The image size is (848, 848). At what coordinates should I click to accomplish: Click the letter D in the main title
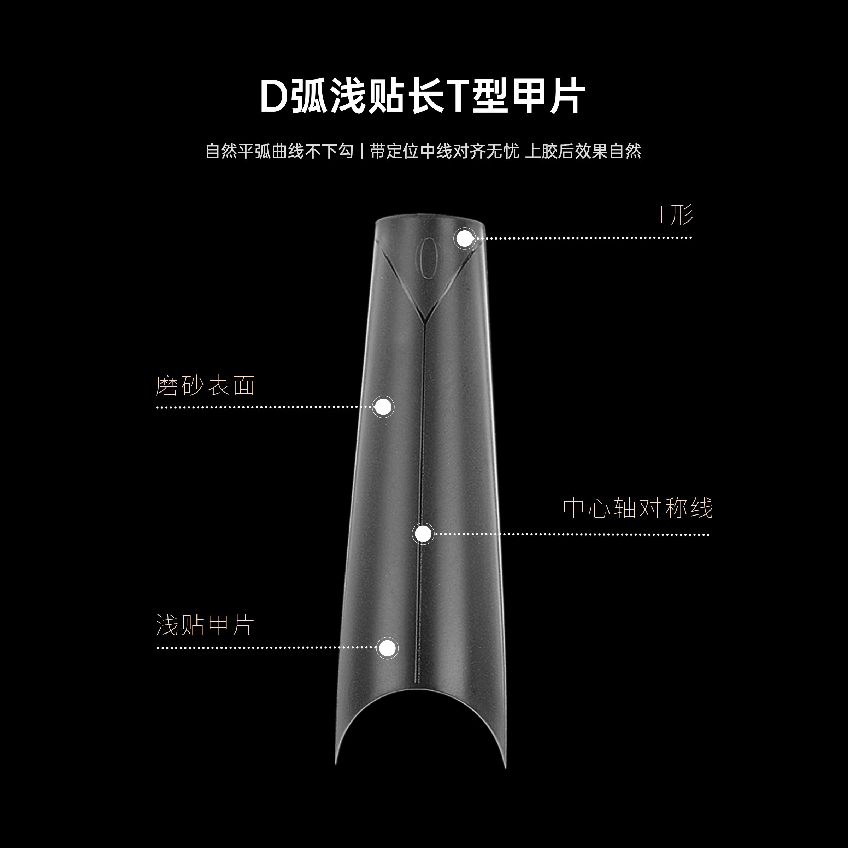point(273,96)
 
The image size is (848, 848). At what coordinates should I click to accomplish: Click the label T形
point(674,214)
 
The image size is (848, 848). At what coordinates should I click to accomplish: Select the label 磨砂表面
point(205,386)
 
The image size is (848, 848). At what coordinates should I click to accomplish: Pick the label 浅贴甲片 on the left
point(205,625)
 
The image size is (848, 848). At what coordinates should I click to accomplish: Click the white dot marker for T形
point(464,239)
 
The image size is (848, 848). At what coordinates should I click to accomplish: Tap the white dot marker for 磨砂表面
point(383,407)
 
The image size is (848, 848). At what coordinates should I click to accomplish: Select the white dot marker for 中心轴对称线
point(423,534)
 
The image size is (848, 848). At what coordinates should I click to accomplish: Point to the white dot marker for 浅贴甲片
point(387,648)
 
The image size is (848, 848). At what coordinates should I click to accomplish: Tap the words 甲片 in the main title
point(549,96)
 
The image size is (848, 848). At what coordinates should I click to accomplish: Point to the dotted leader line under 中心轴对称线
point(571,535)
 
